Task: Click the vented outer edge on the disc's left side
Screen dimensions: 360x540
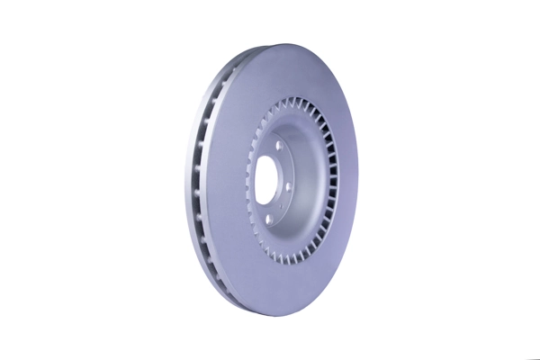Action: [200, 180]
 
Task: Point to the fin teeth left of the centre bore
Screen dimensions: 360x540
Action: [245, 180]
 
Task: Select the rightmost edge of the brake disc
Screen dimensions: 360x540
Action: [358, 180]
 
